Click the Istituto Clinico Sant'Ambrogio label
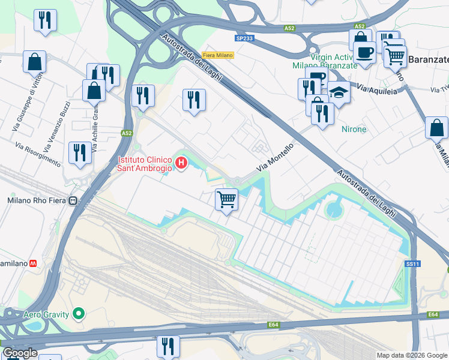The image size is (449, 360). pyautogui.click(x=144, y=164)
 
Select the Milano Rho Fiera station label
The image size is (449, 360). pyautogui.click(x=37, y=200)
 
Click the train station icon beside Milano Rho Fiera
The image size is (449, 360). pyautogui.click(x=74, y=200)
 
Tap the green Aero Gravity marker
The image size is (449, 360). pyautogui.click(x=78, y=313)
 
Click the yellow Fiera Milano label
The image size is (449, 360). pyautogui.click(x=217, y=55)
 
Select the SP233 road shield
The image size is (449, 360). pyautogui.click(x=244, y=37)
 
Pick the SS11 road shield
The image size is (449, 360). pyautogui.click(x=412, y=263)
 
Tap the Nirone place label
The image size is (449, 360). pyautogui.click(x=354, y=129)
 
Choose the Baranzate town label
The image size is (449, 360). pyautogui.click(x=428, y=60)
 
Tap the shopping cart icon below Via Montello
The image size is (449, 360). pyautogui.click(x=226, y=199)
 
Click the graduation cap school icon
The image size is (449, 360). pyautogui.click(x=339, y=92)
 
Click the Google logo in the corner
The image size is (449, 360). pyautogui.click(x=19, y=353)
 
